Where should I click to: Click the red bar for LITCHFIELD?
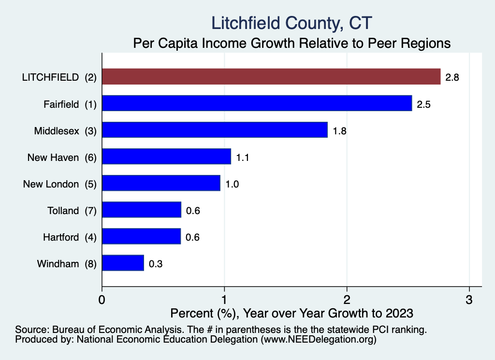(x=271, y=77)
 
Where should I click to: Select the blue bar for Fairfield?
(x=257, y=103)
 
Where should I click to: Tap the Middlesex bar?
(x=215, y=130)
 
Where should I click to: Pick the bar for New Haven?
(x=166, y=157)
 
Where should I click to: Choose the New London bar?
(x=161, y=184)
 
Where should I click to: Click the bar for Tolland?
(x=142, y=210)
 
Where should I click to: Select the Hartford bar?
(x=141, y=237)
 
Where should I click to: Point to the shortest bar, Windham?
(x=123, y=263)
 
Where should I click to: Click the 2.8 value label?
(x=452, y=77)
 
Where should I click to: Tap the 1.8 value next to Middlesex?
(x=340, y=130)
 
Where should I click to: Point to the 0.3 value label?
(x=155, y=264)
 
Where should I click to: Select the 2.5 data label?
(x=423, y=104)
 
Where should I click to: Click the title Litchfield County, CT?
(x=291, y=23)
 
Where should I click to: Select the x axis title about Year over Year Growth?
(x=291, y=313)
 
